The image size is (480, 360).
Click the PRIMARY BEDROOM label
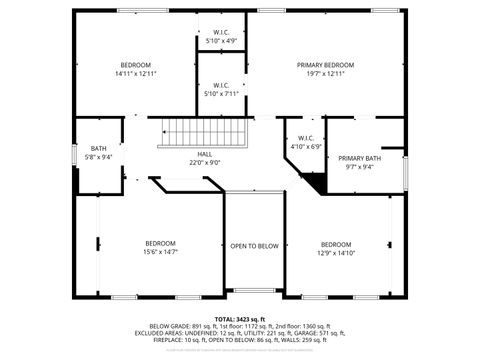325,65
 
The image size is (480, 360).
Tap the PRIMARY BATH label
359,158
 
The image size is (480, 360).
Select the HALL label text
204,154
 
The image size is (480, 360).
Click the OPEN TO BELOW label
254,246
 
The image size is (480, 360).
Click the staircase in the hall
194,131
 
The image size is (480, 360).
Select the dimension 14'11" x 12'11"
136,74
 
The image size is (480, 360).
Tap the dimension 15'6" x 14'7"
160,252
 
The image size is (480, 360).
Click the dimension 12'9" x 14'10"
336,253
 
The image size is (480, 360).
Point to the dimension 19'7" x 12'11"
325,74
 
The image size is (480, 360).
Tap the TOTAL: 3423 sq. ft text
240,319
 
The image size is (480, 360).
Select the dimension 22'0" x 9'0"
204,163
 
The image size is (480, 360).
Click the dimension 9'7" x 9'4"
359,167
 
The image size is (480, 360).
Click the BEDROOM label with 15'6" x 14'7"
160,243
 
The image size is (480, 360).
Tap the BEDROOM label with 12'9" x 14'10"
336,244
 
